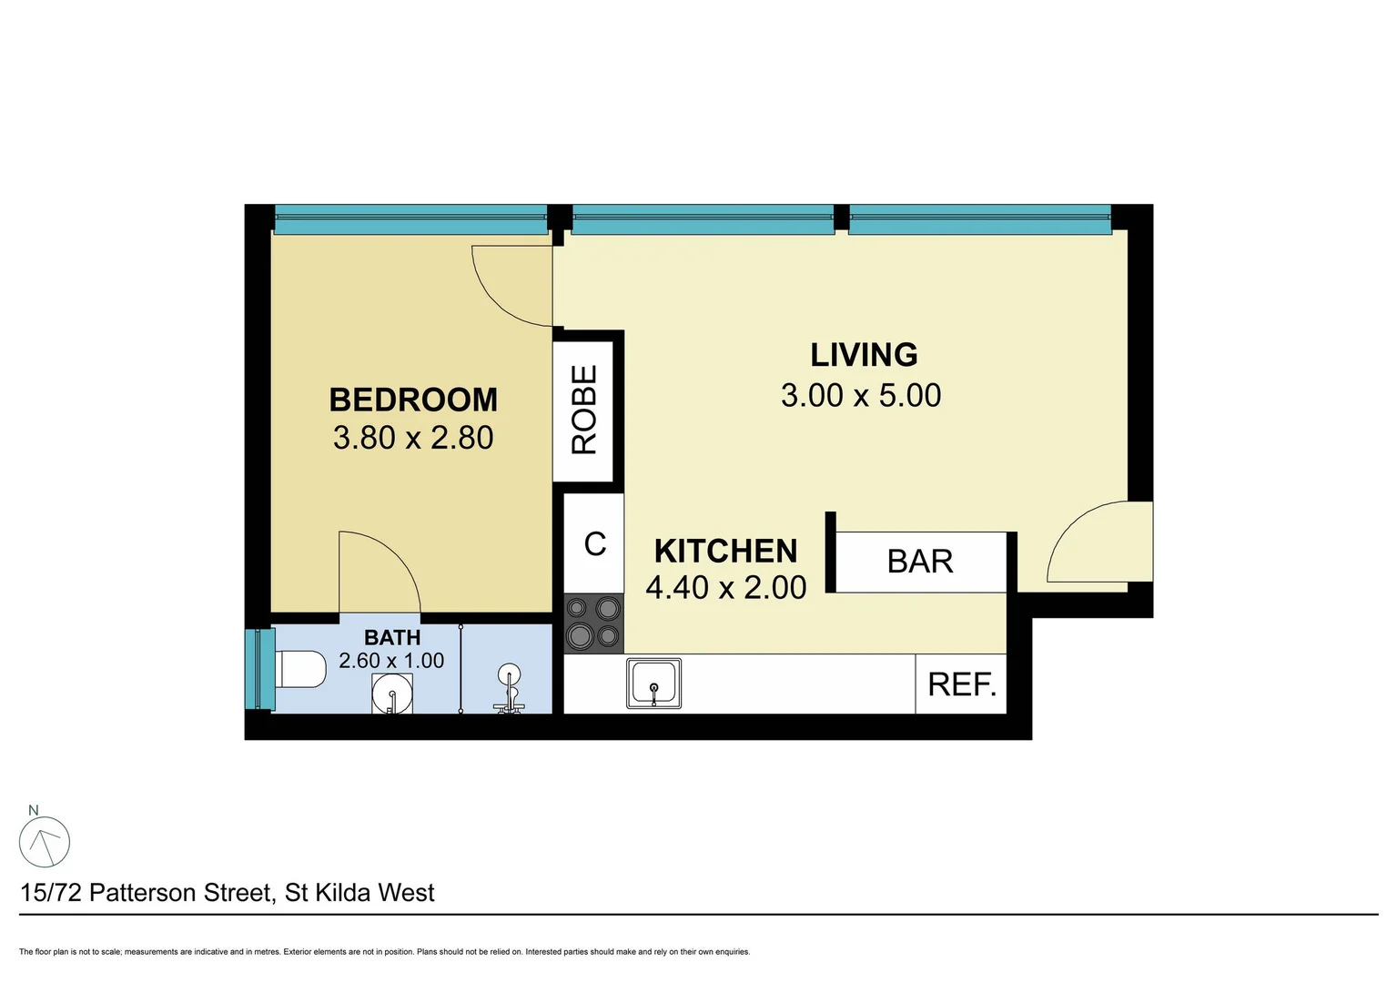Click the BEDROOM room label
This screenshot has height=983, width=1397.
pyautogui.click(x=413, y=400)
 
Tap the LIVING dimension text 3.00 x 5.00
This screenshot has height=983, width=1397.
pyautogui.click(x=861, y=396)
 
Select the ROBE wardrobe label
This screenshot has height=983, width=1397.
pyautogui.click(x=584, y=410)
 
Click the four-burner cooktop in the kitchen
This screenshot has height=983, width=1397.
pyautogui.click(x=593, y=623)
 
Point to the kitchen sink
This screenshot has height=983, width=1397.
pyautogui.click(x=653, y=684)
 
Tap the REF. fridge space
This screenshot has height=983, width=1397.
pyautogui.click(x=961, y=684)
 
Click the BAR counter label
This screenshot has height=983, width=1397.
pyautogui.click(x=920, y=562)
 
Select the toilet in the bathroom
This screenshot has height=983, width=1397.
pyautogui.click(x=300, y=670)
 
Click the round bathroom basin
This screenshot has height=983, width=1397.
pyautogui.click(x=392, y=694)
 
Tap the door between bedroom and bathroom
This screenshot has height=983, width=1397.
pyautogui.click(x=378, y=573)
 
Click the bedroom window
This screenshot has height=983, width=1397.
pyautogui.click(x=410, y=219)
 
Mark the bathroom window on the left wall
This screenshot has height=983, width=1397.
pyautogui.click(x=259, y=669)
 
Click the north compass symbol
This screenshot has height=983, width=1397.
pyautogui.click(x=45, y=841)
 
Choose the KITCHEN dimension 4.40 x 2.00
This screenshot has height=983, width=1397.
pyautogui.click(x=725, y=588)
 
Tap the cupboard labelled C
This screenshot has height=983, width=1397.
pyautogui.click(x=594, y=543)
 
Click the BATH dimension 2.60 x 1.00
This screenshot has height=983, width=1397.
pyautogui.click(x=391, y=661)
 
